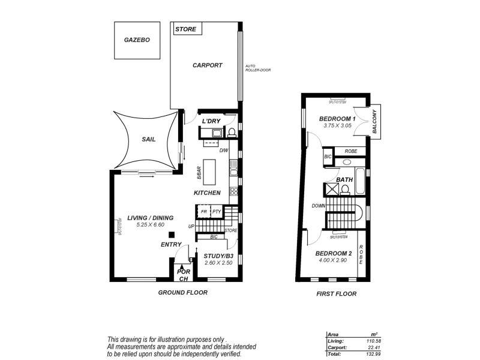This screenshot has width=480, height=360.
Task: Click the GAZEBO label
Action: pos(137,40)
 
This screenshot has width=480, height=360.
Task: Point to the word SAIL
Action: pos(148,139)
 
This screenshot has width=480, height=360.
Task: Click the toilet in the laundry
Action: pos(232,132)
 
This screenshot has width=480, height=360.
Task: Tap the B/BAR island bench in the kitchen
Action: pos(209,172)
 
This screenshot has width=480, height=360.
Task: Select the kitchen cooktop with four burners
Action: pos(233,193)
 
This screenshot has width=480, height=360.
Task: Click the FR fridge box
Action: pos(204,212)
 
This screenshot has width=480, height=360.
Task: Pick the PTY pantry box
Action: pos(217,212)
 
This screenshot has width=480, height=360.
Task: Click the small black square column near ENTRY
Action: pos(171,235)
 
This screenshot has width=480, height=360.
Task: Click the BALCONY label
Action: pos(374,123)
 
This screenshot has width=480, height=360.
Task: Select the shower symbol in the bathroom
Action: pos(331,190)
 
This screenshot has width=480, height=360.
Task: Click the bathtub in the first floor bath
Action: pos(360,182)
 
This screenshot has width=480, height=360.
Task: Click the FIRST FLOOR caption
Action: pos(336,294)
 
